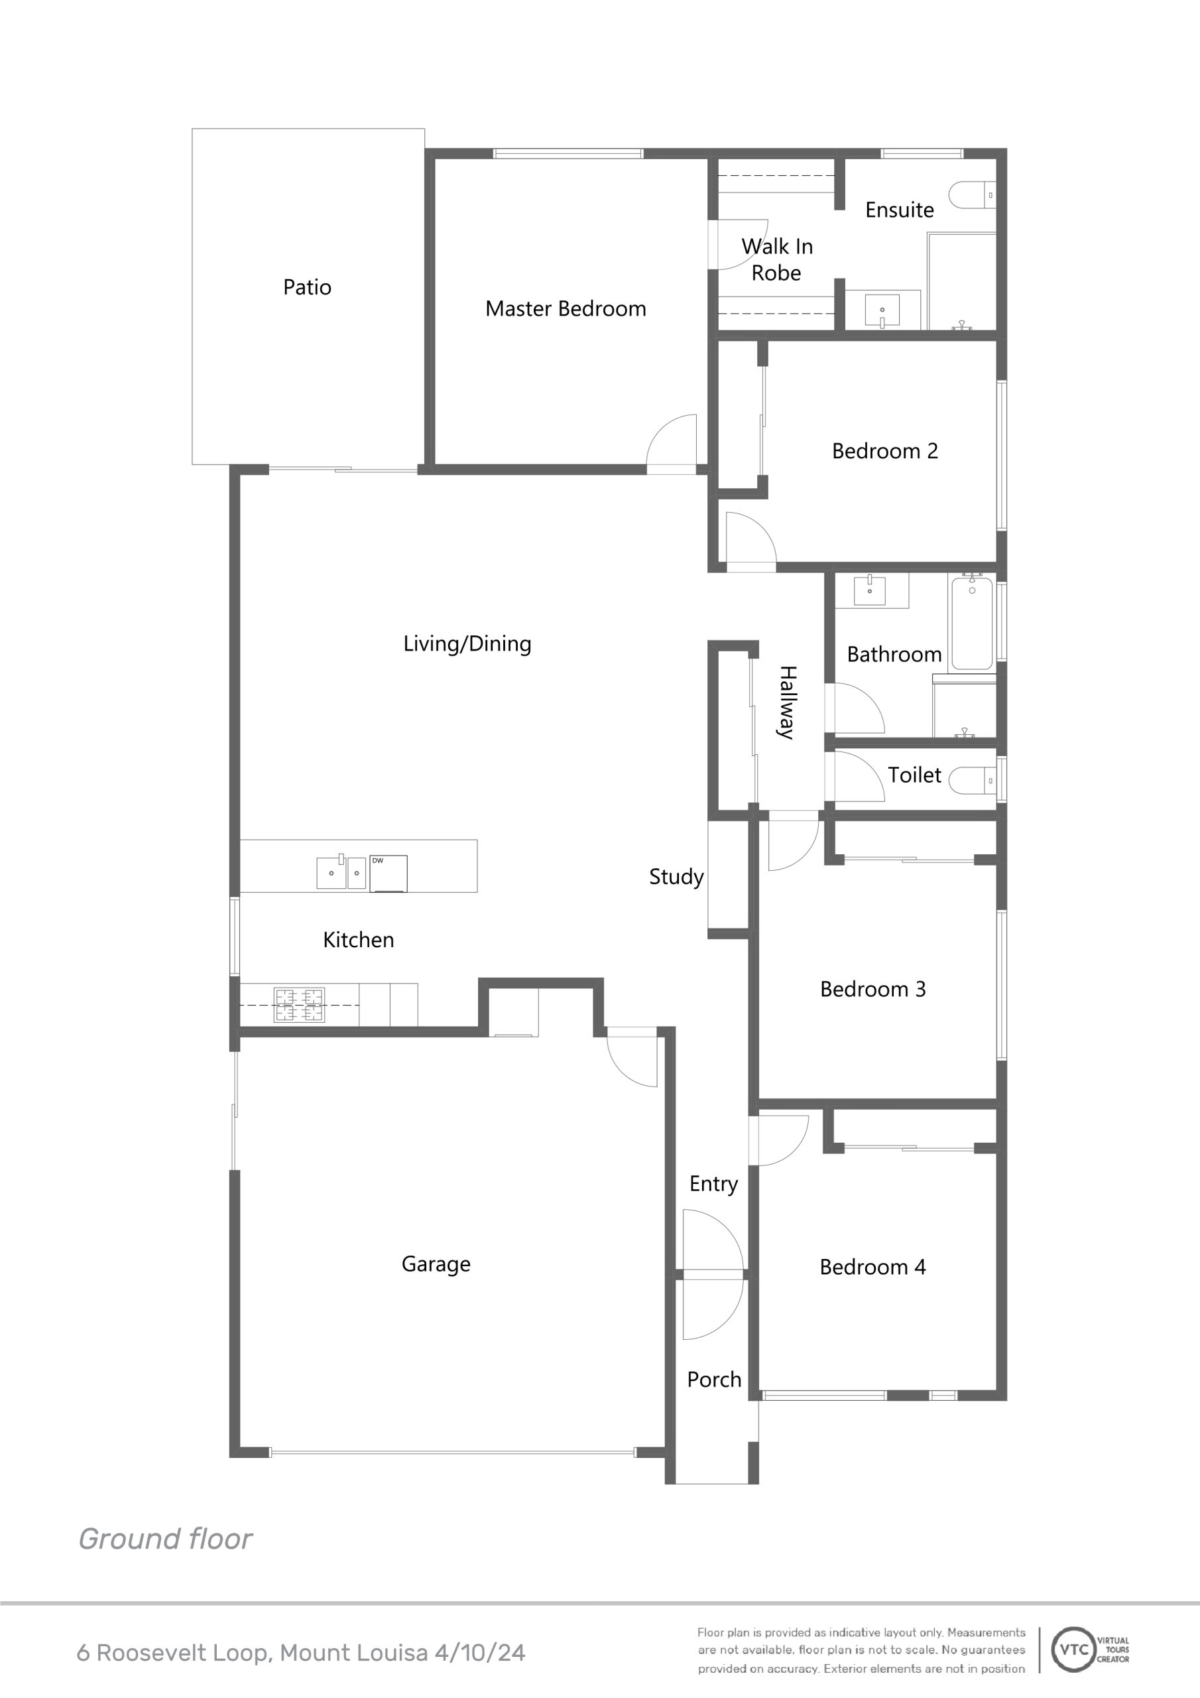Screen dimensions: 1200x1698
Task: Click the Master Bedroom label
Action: coord(566,308)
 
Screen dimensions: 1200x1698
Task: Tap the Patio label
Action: coord(307,287)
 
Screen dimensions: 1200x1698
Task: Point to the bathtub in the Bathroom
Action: coord(973,623)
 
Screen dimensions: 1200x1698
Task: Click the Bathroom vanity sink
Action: coord(870,590)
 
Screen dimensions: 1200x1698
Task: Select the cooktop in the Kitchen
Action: coord(299,1005)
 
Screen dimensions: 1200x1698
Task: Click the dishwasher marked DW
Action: coord(388,874)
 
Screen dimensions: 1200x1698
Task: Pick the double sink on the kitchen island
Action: coord(341,872)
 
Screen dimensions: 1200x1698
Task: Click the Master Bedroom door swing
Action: coord(672,444)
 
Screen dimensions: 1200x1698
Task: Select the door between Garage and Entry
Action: coord(632,1057)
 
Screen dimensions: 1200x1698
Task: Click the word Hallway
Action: coord(787,702)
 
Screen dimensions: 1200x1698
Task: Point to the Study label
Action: coord(676,876)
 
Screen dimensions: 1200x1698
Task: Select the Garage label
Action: coord(436,1264)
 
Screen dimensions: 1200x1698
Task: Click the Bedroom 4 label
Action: coord(872,1267)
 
